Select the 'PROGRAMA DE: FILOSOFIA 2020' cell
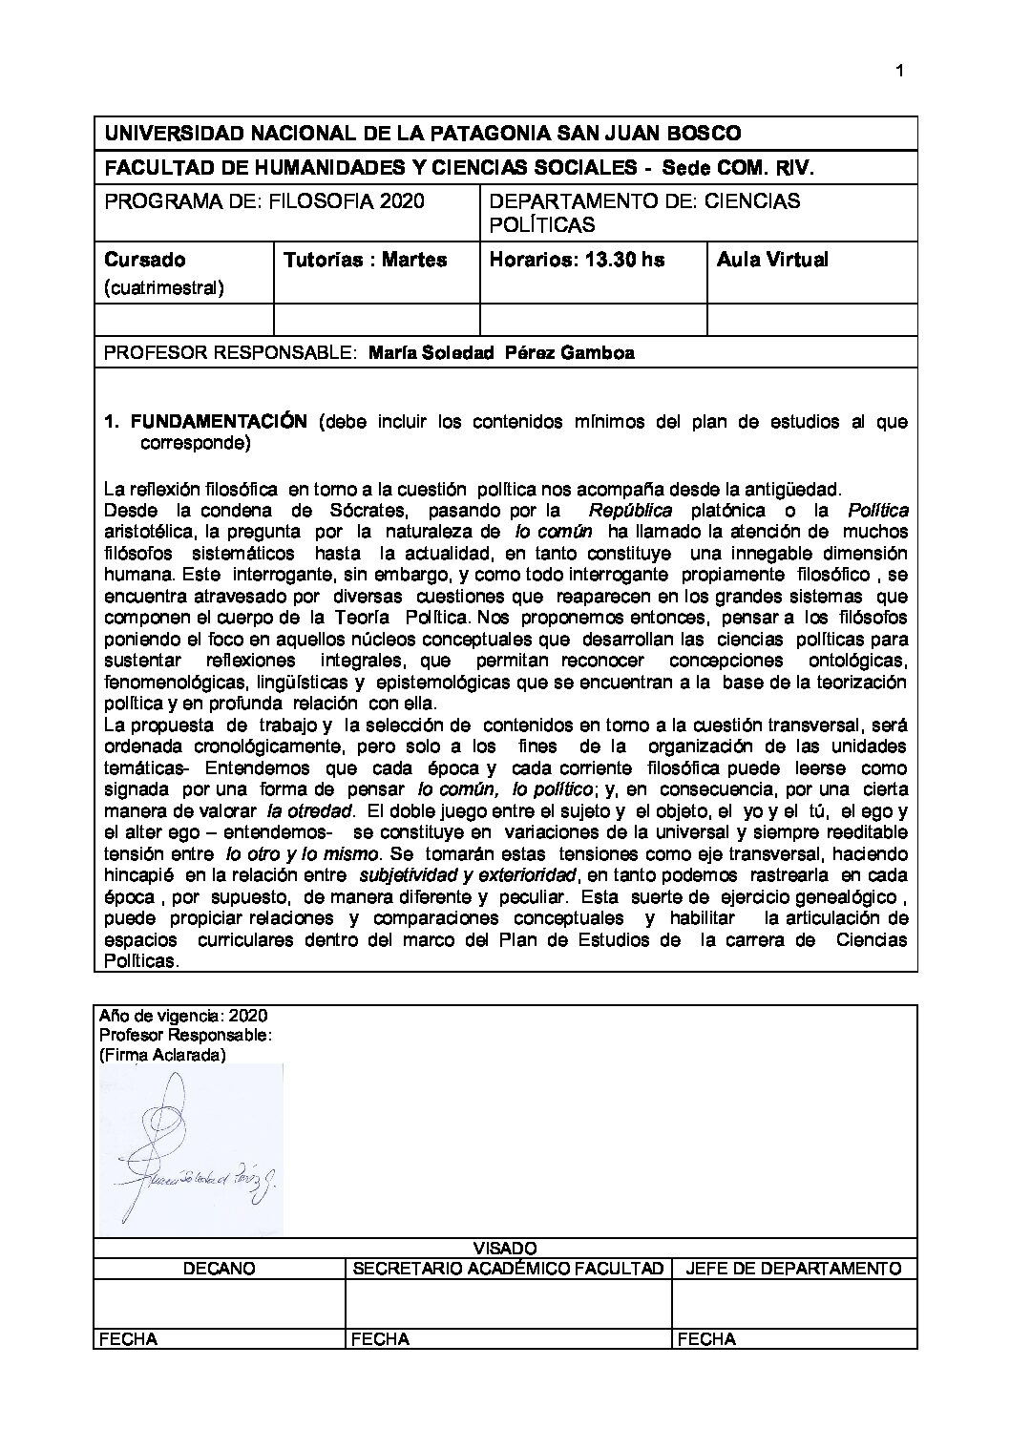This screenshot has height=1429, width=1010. [264, 201]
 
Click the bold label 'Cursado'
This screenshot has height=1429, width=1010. [144, 260]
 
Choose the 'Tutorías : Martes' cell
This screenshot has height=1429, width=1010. [365, 260]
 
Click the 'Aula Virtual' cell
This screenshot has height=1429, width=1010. [772, 260]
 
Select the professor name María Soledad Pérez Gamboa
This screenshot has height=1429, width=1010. [501, 352]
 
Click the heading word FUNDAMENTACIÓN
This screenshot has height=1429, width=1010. [219, 421]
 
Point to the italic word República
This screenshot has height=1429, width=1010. [630, 510]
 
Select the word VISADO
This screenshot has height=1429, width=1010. [505, 1248]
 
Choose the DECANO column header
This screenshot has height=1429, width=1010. [219, 1268]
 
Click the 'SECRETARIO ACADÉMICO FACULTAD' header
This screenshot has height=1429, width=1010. [508, 1268]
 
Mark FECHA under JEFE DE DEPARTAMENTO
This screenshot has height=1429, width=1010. [706, 1339]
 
